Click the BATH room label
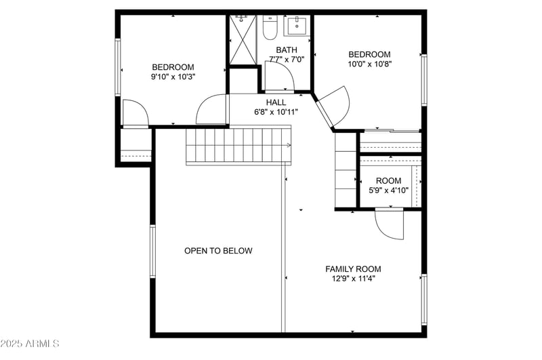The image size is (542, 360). click(x=286, y=49)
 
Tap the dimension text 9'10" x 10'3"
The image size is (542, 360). click(x=173, y=77)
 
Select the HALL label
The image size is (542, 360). click(x=276, y=102)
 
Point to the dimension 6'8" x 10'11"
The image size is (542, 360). click(x=276, y=112)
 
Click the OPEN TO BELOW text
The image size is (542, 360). click(x=218, y=251)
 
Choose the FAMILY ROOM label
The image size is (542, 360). click(x=353, y=269)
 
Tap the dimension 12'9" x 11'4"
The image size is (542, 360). click(x=353, y=278)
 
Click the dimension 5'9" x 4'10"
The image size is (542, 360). click(x=388, y=191)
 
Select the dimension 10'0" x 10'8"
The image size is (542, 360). click(x=369, y=64)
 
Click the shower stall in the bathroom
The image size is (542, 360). click(x=243, y=40)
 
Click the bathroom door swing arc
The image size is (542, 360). click(x=278, y=76)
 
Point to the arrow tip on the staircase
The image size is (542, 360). click(x=289, y=145)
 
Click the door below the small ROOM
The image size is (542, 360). click(x=389, y=224)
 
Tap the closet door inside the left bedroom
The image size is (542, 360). click(x=134, y=113)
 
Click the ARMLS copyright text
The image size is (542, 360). click(x=30, y=344)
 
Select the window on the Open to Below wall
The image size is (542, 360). click(x=152, y=250)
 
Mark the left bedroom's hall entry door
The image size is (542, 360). click(x=211, y=110)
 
